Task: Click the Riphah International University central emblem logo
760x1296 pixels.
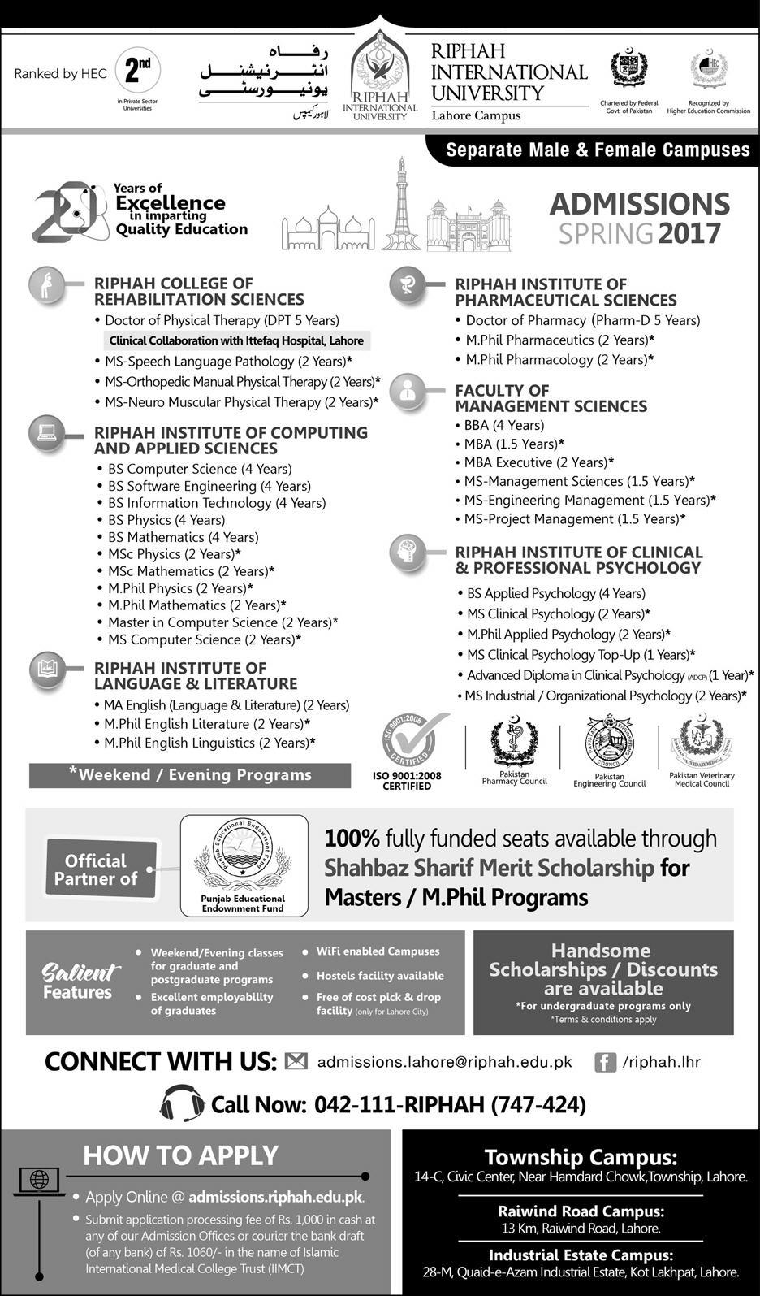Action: pos(379,69)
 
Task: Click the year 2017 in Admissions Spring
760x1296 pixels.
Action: pos(689,234)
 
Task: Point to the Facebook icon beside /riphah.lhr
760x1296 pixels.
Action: pos(605,1062)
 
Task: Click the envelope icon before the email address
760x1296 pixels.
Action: pos(296,1061)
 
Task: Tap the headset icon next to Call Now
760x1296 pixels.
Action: pos(182,1103)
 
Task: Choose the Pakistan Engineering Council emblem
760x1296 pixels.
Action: pos(609,741)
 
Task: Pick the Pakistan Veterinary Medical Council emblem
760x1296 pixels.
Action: pos(702,741)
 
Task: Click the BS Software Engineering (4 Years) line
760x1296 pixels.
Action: pos(209,486)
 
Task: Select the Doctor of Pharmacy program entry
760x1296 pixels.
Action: pos(582,320)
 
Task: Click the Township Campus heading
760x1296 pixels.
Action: pos(581,1157)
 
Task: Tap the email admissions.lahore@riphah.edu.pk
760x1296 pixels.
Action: pos(445,1062)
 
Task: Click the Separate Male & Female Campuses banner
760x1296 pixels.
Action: pos(598,150)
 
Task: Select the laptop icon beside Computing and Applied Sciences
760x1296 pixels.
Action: pos(46,433)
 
